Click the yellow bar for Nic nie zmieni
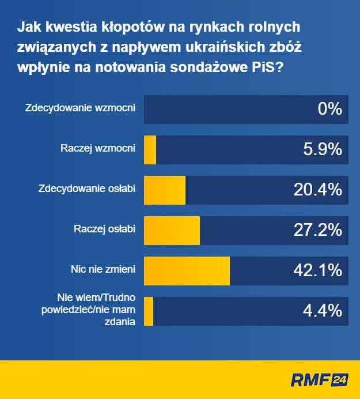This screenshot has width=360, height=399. [187, 270]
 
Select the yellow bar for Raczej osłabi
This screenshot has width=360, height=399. [172, 230]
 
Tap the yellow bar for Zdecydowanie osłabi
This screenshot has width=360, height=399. [165, 190]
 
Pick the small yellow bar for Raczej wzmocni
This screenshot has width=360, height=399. [150, 149]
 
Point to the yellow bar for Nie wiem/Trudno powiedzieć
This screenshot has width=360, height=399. [149, 311]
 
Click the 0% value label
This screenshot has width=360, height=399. [330, 109]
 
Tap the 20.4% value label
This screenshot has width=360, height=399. [317, 190]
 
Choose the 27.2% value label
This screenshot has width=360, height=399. [317, 230]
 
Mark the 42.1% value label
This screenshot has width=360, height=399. [317, 270]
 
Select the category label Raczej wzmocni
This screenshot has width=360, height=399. [98, 148]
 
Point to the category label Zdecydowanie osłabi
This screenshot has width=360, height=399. [86, 189]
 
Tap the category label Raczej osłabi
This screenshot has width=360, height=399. [104, 229]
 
